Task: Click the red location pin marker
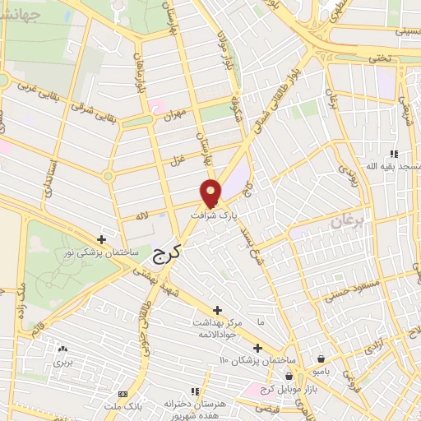point(211,193)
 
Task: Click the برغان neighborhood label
point(348,223)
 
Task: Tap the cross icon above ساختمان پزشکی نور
point(101,239)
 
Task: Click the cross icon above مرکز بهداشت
point(217,310)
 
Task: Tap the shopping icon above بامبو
point(320,359)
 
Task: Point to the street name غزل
point(173,156)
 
